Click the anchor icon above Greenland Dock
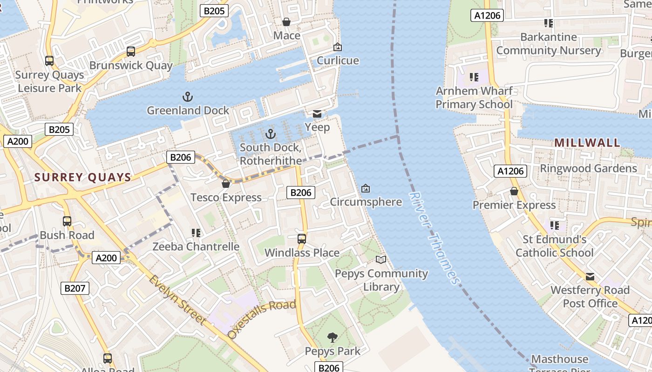[x=187, y=97]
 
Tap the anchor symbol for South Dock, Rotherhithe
[x=270, y=134]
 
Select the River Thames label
[x=434, y=238]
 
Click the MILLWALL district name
[x=587, y=143]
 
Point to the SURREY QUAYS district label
[x=83, y=177]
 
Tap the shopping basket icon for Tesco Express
[x=226, y=184]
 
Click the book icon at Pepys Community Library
[x=381, y=259]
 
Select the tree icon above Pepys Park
[x=332, y=337]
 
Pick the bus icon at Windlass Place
[x=302, y=239]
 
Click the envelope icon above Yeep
[x=317, y=114]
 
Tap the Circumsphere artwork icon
[x=366, y=188]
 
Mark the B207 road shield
[x=75, y=288]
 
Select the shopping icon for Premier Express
[x=514, y=191]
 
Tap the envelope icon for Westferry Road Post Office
[x=590, y=277]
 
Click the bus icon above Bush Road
[x=67, y=221]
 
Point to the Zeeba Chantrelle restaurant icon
[x=196, y=232]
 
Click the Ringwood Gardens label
[x=588, y=168]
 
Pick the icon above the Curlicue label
[x=338, y=47]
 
